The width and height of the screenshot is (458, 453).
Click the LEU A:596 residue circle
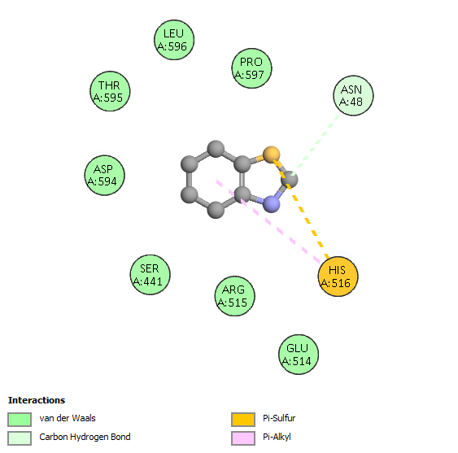[x=174, y=40]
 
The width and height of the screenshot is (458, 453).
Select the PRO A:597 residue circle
[x=251, y=68]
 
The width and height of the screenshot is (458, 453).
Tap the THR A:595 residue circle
[x=110, y=91]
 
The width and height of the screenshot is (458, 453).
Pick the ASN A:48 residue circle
[x=353, y=95]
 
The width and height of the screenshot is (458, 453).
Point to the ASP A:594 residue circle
[x=105, y=175]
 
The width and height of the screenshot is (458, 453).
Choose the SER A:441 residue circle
[x=150, y=275]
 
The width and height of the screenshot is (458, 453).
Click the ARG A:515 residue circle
[x=234, y=296]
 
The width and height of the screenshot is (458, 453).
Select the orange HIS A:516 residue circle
[x=338, y=277]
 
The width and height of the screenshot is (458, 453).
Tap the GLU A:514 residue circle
[x=299, y=355]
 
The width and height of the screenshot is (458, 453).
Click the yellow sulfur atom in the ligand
[x=272, y=155]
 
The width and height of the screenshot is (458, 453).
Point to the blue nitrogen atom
[x=272, y=203]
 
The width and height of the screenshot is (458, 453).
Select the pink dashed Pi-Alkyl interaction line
[x=268, y=221]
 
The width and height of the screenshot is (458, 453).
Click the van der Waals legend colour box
[x=20, y=420]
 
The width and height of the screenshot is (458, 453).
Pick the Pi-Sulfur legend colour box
[x=243, y=420]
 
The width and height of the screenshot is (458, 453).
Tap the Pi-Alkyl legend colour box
[x=243, y=438]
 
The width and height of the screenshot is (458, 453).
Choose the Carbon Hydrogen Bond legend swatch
[x=20, y=438]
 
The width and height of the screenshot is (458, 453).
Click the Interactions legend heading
[x=37, y=400]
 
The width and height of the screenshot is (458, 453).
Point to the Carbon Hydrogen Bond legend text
[x=85, y=438]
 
